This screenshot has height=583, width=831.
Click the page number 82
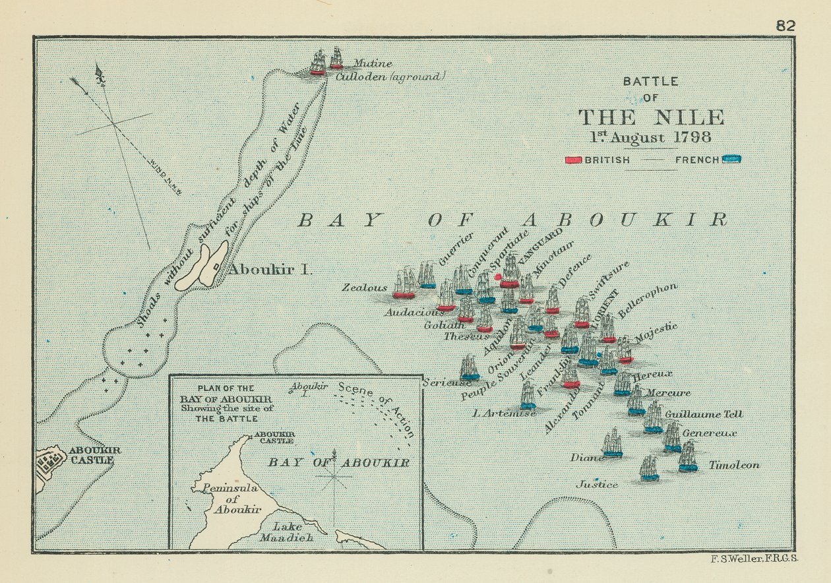[785, 26]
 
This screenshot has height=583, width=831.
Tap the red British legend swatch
[573, 160]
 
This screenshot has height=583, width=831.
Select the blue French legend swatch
[731, 159]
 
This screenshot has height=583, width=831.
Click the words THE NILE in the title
[651, 118]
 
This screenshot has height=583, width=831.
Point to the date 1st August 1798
[650, 138]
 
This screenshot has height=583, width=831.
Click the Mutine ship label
[373, 64]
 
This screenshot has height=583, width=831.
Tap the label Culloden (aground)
[390, 77]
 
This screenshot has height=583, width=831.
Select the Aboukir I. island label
[260, 270]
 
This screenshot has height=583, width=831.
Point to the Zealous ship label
[364, 288]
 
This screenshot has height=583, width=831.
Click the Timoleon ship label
[733, 465]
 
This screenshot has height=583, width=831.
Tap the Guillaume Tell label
[703, 414]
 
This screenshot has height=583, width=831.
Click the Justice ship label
[598, 485]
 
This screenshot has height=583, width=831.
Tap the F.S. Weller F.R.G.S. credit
[755, 559]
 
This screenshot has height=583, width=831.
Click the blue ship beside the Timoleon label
[688, 458]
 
